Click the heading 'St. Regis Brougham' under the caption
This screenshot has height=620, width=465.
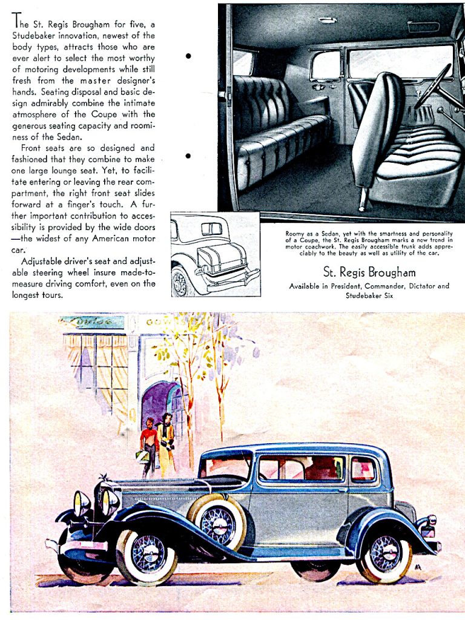point(369,272)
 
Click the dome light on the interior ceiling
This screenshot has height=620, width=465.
point(327,21)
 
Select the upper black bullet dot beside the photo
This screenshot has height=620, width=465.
point(188,56)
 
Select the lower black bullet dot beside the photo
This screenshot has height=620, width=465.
point(188,156)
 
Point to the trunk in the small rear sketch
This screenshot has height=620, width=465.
point(222,258)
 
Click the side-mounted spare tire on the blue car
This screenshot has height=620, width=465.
point(216,521)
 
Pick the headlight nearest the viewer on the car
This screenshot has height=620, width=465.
point(110,501)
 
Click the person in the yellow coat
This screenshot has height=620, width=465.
point(166,443)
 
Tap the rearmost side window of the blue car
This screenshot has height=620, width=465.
point(363,469)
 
